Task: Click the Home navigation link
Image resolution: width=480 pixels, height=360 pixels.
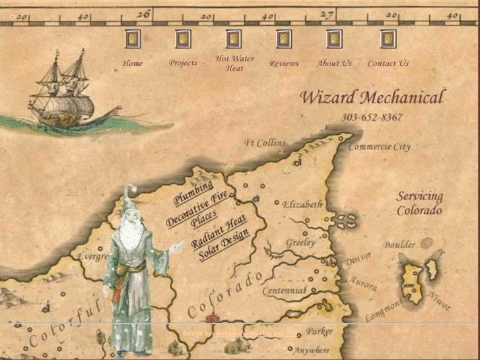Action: pos(132,63)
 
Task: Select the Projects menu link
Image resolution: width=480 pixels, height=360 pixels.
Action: pos(183,63)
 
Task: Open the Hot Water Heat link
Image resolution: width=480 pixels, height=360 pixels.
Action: pos(234,63)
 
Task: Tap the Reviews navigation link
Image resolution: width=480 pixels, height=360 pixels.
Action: pos(284,63)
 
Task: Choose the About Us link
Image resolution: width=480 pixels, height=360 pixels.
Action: pos(334,63)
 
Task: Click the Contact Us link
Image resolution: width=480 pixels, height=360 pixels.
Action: pos(388,63)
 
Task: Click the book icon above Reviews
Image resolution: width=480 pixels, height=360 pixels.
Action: pos(283,39)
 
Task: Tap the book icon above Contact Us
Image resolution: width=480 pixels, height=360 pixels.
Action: pos(388,39)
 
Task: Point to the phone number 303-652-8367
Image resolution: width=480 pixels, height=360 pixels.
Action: pos(372,118)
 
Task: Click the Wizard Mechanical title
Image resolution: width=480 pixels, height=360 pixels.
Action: pos(372,97)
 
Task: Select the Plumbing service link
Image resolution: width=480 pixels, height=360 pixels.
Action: pos(193,192)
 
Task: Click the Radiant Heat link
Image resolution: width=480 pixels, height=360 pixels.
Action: pos(219,231)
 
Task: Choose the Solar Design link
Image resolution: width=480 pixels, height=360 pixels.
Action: pos(224,244)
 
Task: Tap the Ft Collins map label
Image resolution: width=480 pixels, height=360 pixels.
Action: pos(265,143)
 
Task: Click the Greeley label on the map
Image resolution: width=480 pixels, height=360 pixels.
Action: pos(300,243)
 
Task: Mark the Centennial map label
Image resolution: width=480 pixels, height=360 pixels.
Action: pos(285,290)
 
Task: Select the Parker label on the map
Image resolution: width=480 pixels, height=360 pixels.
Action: pos(319,332)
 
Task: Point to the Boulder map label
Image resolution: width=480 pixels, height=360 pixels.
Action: pos(399,244)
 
